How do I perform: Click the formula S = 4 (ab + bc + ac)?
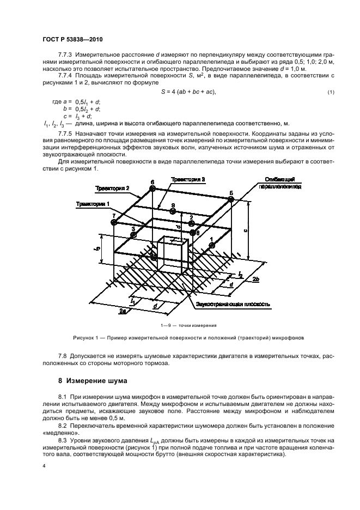(189, 91)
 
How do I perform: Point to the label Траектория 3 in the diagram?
(188, 179)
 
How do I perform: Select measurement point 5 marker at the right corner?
(231, 200)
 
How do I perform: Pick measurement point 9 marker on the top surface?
(172, 212)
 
